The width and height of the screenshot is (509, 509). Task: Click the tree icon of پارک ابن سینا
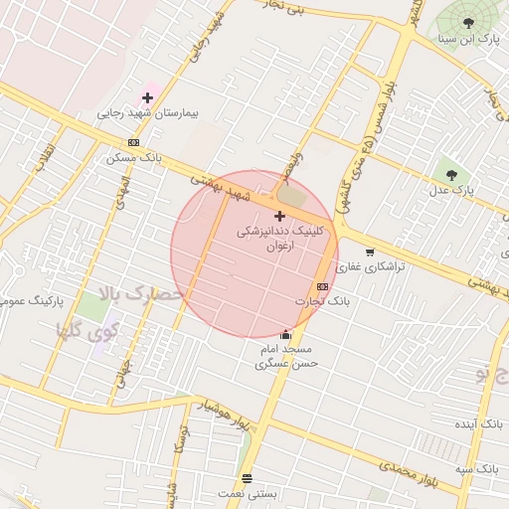pyautogui.click(x=468, y=22)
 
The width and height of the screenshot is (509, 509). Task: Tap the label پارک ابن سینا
pyautogui.click(x=474, y=39)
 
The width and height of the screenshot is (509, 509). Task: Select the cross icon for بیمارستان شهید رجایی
pyautogui.click(x=148, y=97)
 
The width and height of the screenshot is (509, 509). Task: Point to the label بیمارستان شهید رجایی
pyautogui.click(x=148, y=113)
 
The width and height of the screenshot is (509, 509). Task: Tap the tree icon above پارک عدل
pyautogui.click(x=452, y=174)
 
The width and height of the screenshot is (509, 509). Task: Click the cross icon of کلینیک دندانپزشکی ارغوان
pyautogui.click(x=279, y=215)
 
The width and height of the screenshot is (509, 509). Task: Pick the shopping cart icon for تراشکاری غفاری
pyautogui.click(x=371, y=253)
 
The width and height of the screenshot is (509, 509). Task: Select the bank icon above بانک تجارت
pyautogui.click(x=322, y=286)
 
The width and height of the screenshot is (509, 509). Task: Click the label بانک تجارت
pyautogui.click(x=323, y=300)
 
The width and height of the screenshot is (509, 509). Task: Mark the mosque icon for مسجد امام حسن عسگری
pyautogui.click(x=286, y=334)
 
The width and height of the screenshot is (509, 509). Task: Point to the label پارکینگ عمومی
pyautogui.click(x=29, y=299)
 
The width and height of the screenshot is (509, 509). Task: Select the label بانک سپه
pyautogui.click(x=477, y=467)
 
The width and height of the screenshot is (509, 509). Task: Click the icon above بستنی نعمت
pyautogui.click(x=247, y=478)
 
